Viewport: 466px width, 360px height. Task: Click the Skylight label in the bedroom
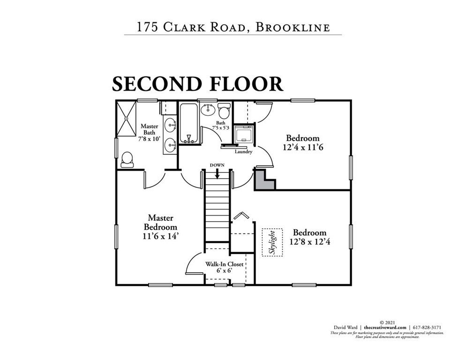click(x=272, y=242)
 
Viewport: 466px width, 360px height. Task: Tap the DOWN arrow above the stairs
click(x=218, y=172)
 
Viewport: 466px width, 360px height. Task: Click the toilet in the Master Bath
click(x=127, y=160)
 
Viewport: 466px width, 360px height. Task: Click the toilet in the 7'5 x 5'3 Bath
click(x=224, y=112)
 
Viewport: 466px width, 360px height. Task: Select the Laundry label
click(x=243, y=151)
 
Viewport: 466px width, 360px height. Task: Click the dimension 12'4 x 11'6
click(x=303, y=147)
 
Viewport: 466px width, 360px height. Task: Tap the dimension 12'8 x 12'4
click(x=309, y=242)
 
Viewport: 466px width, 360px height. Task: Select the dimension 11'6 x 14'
click(x=161, y=237)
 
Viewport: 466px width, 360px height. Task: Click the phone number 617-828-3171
click(x=427, y=327)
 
